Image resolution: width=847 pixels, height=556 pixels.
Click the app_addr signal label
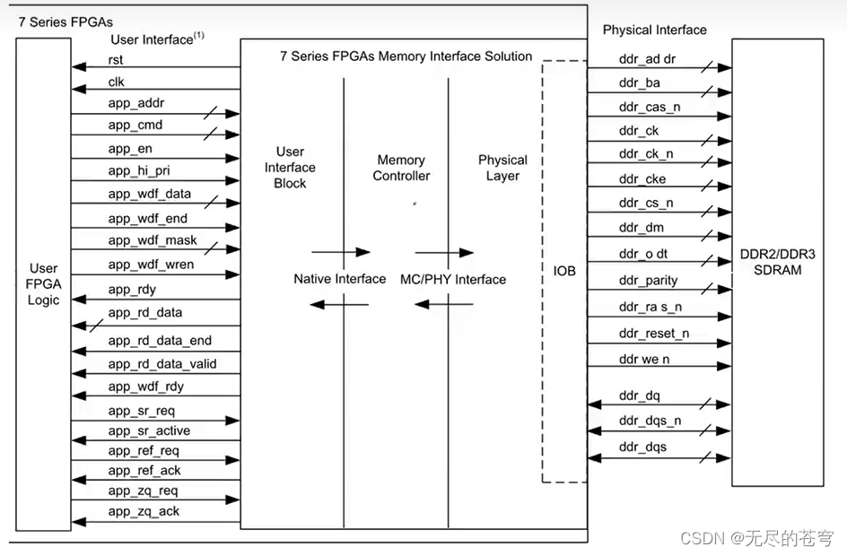[x=136, y=103]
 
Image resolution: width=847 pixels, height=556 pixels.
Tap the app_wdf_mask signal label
[x=153, y=240]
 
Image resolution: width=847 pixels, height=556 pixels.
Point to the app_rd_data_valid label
[x=162, y=363]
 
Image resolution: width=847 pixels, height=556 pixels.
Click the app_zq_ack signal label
[x=144, y=511]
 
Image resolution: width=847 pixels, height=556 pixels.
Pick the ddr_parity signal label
[x=648, y=280]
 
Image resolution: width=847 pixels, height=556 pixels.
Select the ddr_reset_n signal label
[x=653, y=334]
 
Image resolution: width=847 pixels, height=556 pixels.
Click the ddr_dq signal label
[x=639, y=395]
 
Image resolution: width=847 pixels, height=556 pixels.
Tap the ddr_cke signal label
[x=642, y=179]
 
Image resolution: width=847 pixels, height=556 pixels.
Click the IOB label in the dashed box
[x=564, y=270]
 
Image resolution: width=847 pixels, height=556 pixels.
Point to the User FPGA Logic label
[x=43, y=283]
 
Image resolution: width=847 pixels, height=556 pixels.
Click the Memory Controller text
[x=401, y=168]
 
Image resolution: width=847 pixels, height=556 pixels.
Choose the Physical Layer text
[x=502, y=168]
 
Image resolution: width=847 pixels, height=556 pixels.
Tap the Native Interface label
[x=339, y=279]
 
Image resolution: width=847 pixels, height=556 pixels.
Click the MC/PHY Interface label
[x=452, y=279]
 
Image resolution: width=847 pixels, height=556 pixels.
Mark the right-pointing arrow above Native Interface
[x=340, y=252]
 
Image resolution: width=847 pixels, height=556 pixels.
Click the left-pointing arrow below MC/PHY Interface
[x=444, y=305]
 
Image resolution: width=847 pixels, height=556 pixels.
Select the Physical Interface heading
[x=654, y=30]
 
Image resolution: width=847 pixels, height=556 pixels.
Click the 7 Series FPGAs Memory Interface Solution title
[x=406, y=56]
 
